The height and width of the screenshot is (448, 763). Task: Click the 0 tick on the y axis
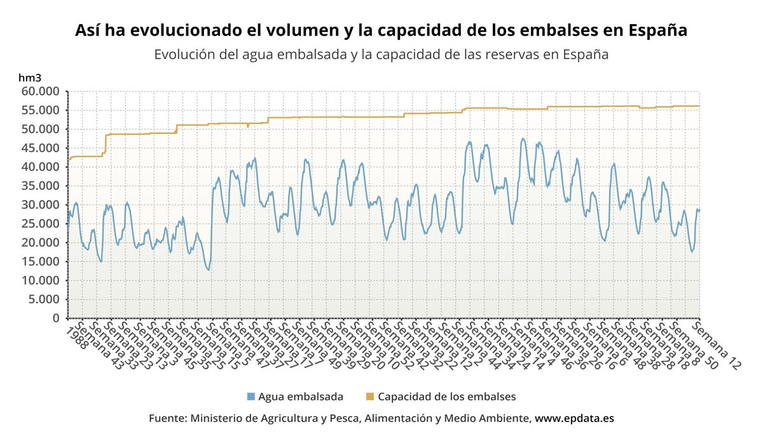coord(58,318)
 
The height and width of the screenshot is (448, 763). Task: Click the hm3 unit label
coord(30,78)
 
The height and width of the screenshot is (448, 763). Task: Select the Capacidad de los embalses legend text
coord(446,397)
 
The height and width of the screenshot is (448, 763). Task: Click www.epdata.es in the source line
coord(574,419)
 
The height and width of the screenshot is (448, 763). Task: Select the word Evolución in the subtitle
coord(184,55)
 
